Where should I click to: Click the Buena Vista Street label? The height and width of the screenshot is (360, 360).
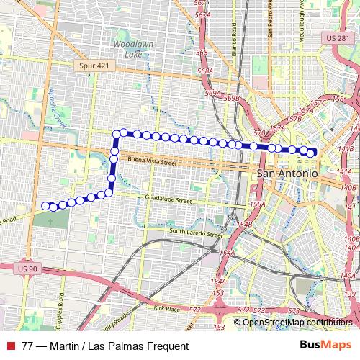(x=151, y=161)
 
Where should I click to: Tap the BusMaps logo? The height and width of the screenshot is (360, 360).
(x=325, y=346)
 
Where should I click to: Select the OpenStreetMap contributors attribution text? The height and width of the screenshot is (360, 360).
(x=297, y=322)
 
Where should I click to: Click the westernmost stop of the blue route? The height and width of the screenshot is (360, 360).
(x=45, y=205)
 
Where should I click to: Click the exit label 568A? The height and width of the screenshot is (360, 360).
(x=205, y=71)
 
